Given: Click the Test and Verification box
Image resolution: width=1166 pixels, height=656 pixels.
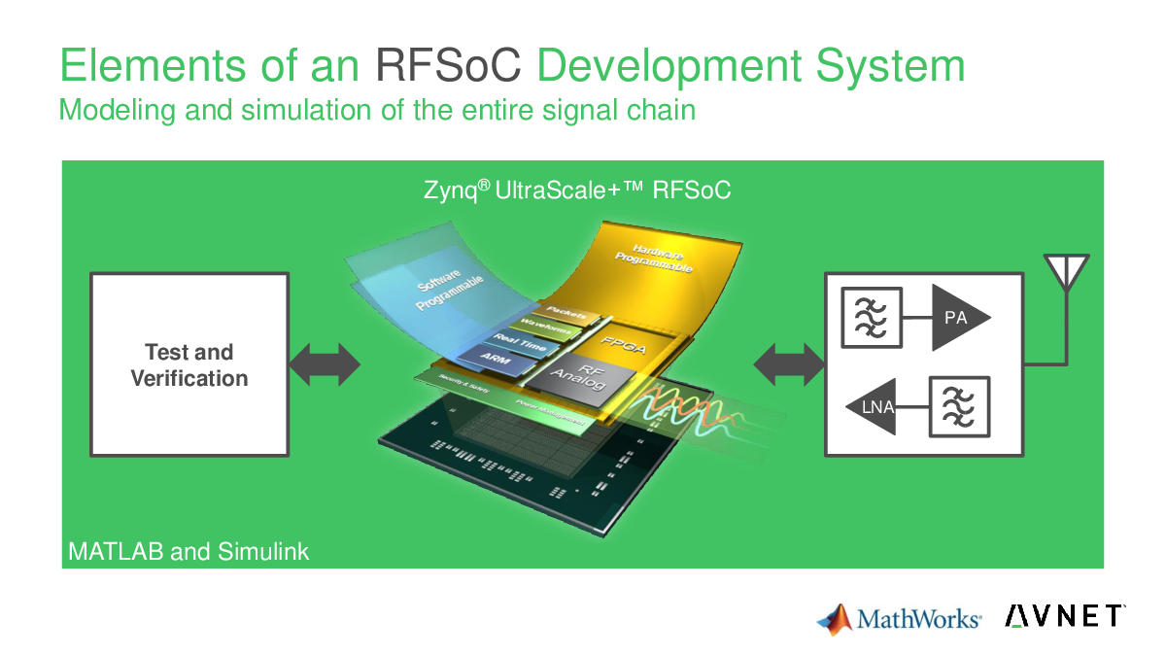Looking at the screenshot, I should click(x=189, y=364).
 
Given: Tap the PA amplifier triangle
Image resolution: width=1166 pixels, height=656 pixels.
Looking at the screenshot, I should click(x=957, y=318).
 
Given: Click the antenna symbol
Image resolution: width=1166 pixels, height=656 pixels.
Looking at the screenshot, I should click(x=1066, y=273).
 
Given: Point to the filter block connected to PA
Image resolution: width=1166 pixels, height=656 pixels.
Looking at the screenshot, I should click(x=873, y=318).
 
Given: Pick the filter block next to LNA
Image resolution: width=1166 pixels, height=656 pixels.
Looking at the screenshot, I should click(x=958, y=406).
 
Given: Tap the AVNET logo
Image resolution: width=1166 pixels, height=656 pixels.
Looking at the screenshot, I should click(x=1065, y=615).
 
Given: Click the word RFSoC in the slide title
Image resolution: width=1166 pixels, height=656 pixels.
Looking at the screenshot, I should click(x=449, y=66).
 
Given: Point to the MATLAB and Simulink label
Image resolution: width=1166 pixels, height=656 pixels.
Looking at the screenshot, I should click(x=189, y=552).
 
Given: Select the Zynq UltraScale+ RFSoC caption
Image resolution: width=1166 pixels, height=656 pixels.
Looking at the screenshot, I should click(x=577, y=190).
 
